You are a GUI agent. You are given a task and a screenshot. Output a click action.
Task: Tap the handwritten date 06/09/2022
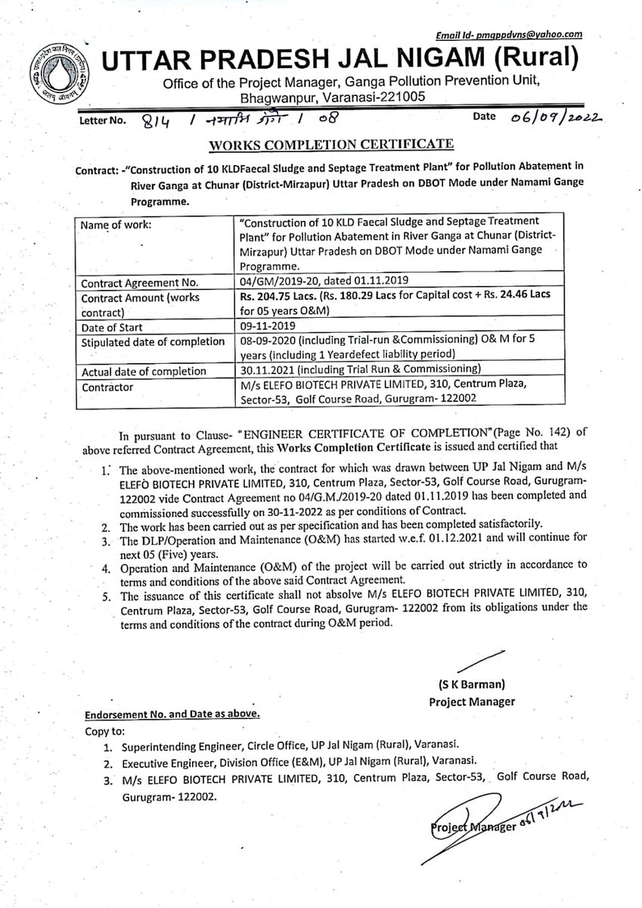click(550, 117)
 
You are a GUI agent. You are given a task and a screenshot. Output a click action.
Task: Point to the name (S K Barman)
click(471, 686)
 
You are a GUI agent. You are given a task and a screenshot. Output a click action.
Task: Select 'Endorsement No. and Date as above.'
click(173, 714)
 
